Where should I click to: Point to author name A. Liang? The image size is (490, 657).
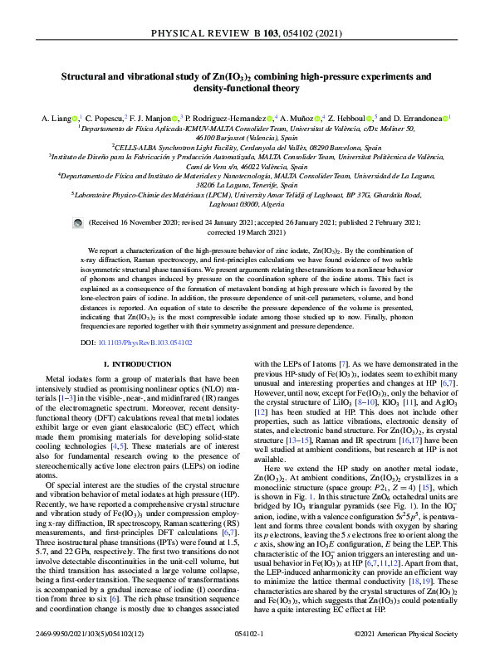coord(57,119)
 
